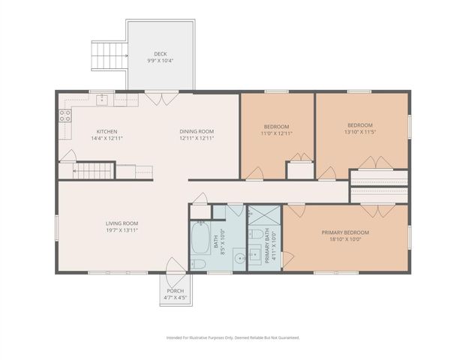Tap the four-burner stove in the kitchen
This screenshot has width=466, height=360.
point(65,115)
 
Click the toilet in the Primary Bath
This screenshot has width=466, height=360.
point(257,237)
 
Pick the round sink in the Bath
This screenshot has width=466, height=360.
point(238,259)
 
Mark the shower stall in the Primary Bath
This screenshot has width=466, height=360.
point(263,214)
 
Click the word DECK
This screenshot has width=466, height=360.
point(161,54)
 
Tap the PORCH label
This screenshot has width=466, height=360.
point(175,290)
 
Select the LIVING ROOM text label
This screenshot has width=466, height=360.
point(122,223)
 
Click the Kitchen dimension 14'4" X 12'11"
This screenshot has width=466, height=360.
point(107,139)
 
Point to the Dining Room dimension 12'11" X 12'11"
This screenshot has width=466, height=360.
point(197,139)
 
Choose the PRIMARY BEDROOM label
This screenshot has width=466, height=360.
point(345,232)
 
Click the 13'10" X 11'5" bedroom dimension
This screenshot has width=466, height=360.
point(360,132)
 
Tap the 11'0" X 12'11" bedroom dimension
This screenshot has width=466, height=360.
point(276,133)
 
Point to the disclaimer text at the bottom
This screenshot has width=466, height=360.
point(233,337)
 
